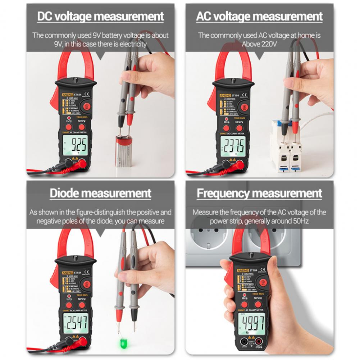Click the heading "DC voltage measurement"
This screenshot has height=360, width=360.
(100, 17)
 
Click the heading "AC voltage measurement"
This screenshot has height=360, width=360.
(259, 17)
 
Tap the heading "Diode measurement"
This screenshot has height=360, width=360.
(100, 193)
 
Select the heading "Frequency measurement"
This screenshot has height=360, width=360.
(259, 193)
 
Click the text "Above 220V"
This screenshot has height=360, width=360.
(259, 44)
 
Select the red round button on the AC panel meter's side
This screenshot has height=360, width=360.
(244, 107)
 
